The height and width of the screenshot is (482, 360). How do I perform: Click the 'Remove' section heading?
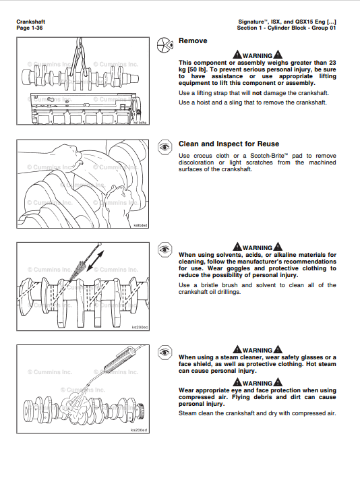click(193, 41)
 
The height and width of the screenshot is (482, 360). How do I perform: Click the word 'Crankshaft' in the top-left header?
click(31, 22)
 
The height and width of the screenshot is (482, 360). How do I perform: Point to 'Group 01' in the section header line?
click(322, 28)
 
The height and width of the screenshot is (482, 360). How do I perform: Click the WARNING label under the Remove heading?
click(257, 55)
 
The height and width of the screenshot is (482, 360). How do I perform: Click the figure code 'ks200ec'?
click(138, 327)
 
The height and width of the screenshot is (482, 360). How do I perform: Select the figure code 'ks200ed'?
click(138, 429)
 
